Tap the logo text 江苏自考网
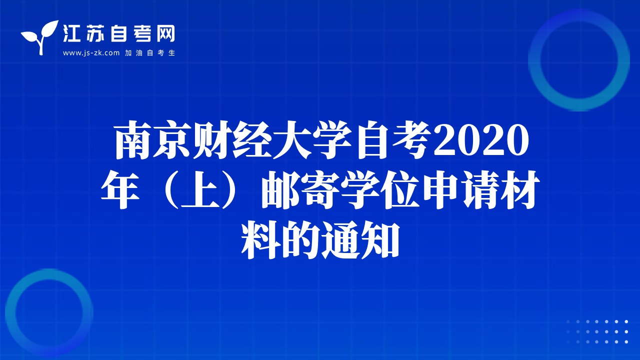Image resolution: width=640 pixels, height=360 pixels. click(119, 33)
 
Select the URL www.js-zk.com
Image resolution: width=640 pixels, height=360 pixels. click(91, 53)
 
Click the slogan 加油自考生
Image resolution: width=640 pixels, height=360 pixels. click(150, 53)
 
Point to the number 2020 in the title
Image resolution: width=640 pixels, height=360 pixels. click(481, 140)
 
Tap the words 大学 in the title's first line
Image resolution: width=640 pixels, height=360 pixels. click(312, 140)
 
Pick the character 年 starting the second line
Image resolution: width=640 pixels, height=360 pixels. click(120, 189)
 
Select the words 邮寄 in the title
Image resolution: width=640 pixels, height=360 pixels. click(300, 189)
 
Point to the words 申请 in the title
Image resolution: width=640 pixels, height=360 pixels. click(460, 189)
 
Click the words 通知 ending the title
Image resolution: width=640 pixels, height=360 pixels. click(360, 239)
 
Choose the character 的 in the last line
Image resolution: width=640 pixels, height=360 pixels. click(300, 239)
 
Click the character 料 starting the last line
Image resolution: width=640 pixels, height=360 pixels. click(260, 239)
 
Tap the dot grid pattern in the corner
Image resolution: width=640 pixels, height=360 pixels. click(597, 331)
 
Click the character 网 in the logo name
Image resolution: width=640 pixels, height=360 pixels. click(166, 33)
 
